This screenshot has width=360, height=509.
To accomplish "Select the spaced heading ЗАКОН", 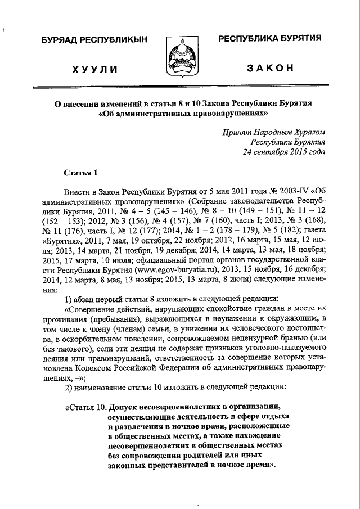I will tap(270, 69).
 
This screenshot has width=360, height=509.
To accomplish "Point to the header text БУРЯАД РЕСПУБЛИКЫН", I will tap(94, 40).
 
